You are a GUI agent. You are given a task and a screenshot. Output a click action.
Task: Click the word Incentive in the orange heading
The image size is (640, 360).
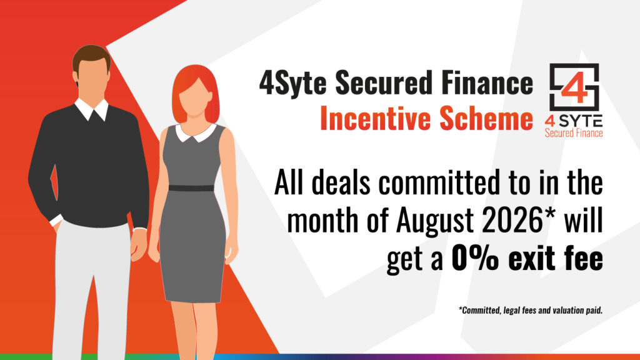(x=376, y=117)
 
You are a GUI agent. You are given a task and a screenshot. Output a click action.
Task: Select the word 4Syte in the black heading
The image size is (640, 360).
(x=292, y=82)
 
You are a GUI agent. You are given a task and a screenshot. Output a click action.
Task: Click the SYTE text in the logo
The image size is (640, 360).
(x=581, y=121)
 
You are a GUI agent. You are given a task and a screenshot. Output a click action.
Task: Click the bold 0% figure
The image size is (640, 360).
(x=475, y=258)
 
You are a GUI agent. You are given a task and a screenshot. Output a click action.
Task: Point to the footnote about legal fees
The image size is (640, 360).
(x=531, y=310)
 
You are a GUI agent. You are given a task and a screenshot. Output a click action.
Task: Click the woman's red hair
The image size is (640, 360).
(x=196, y=92)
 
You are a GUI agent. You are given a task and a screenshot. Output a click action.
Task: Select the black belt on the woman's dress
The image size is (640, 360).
(x=191, y=188)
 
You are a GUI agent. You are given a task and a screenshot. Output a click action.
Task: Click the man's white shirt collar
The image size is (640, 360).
(x=91, y=109)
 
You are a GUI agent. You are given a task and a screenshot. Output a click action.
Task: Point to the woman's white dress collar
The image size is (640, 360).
(x=196, y=133)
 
